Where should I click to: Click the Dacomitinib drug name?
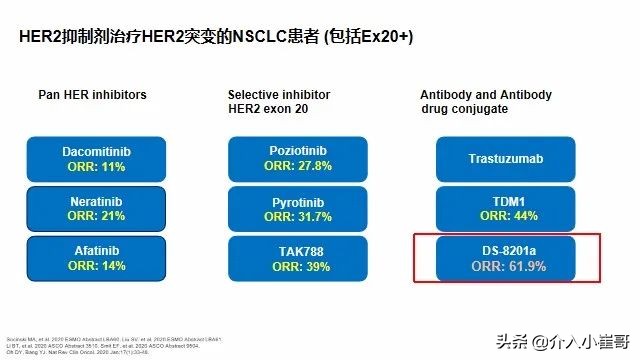pyautogui.click(x=97, y=151)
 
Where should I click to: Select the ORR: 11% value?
pyautogui.click(x=97, y=167)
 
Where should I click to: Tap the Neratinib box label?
pyautogui.click(x=97, y=201)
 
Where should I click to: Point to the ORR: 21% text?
pyautogui.click(x=97, y=217)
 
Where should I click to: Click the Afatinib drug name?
pyautogui.click(x=97, y=251)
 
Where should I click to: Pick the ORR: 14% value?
pyautogui.click(x=97, y=267)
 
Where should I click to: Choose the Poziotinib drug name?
pyautogui.click(x=295, y=151)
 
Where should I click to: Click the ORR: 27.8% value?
pyautogui.click(x=295, y=167)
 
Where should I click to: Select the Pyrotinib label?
pyautogui.click(x=295, y=201)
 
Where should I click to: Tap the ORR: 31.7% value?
pyautogui.click(x=295, y=217)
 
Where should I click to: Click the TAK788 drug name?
pyautogui.click(x=295, y=251)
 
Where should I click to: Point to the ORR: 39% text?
pyautogui.click(x=295, y=267)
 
